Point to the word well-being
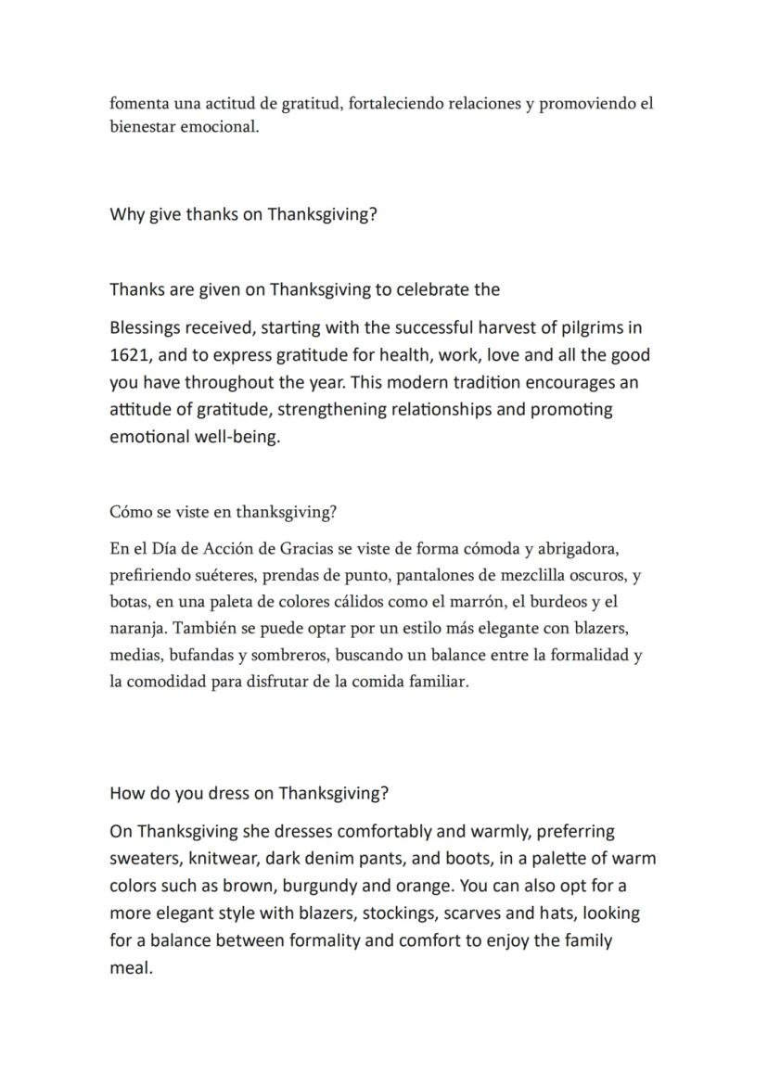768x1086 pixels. click(x=235, y=437)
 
